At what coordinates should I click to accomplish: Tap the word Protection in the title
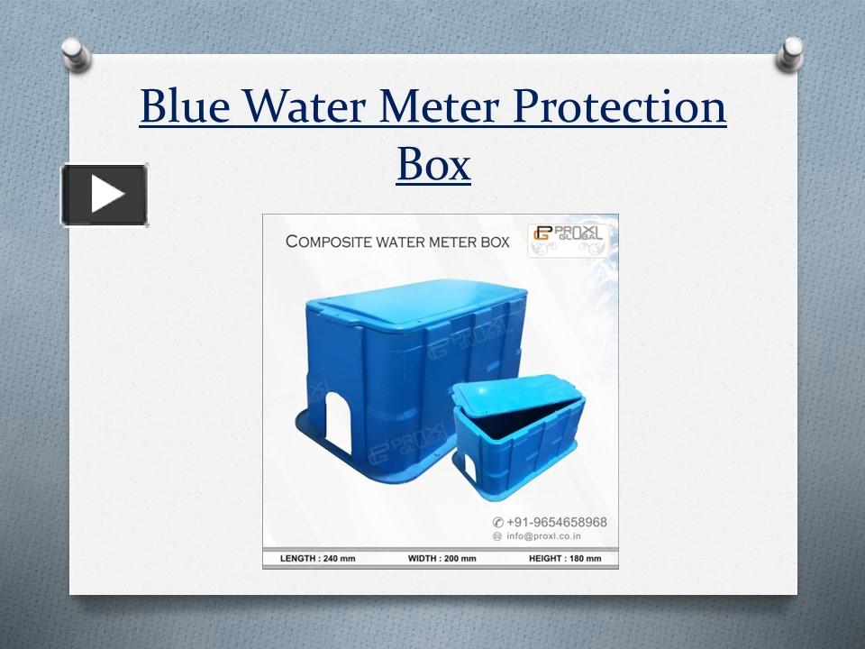point(619,107)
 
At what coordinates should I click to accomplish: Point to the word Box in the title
point(433,164)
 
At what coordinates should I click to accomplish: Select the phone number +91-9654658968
point(556,522)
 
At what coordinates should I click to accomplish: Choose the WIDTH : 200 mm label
point(442,559)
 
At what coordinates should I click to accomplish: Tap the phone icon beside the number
point(496,523)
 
